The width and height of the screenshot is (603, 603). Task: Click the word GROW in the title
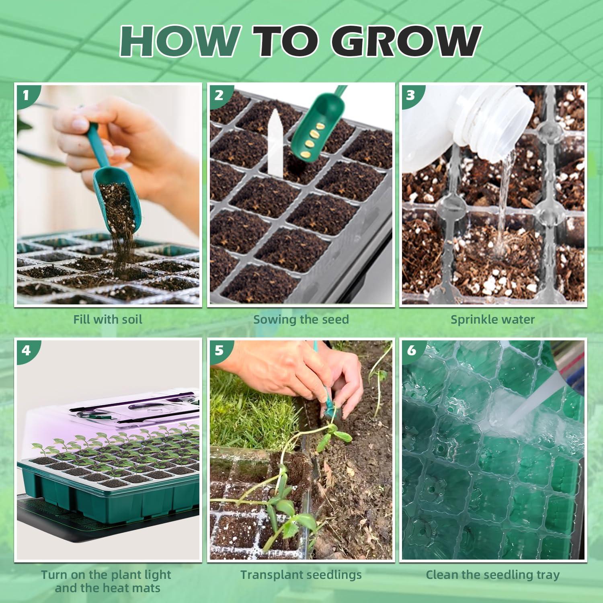tap(406, 41)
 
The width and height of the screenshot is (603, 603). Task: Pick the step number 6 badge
tap(411, 351)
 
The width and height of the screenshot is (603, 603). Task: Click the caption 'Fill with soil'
tap(108, 320)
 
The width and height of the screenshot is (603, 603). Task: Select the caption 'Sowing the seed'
tap(301, 320)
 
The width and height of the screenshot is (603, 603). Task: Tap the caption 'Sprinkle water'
tap(492, 320)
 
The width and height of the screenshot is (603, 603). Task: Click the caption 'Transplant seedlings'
tap(301, 575)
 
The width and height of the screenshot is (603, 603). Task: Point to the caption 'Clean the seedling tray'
tap(492, 575)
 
